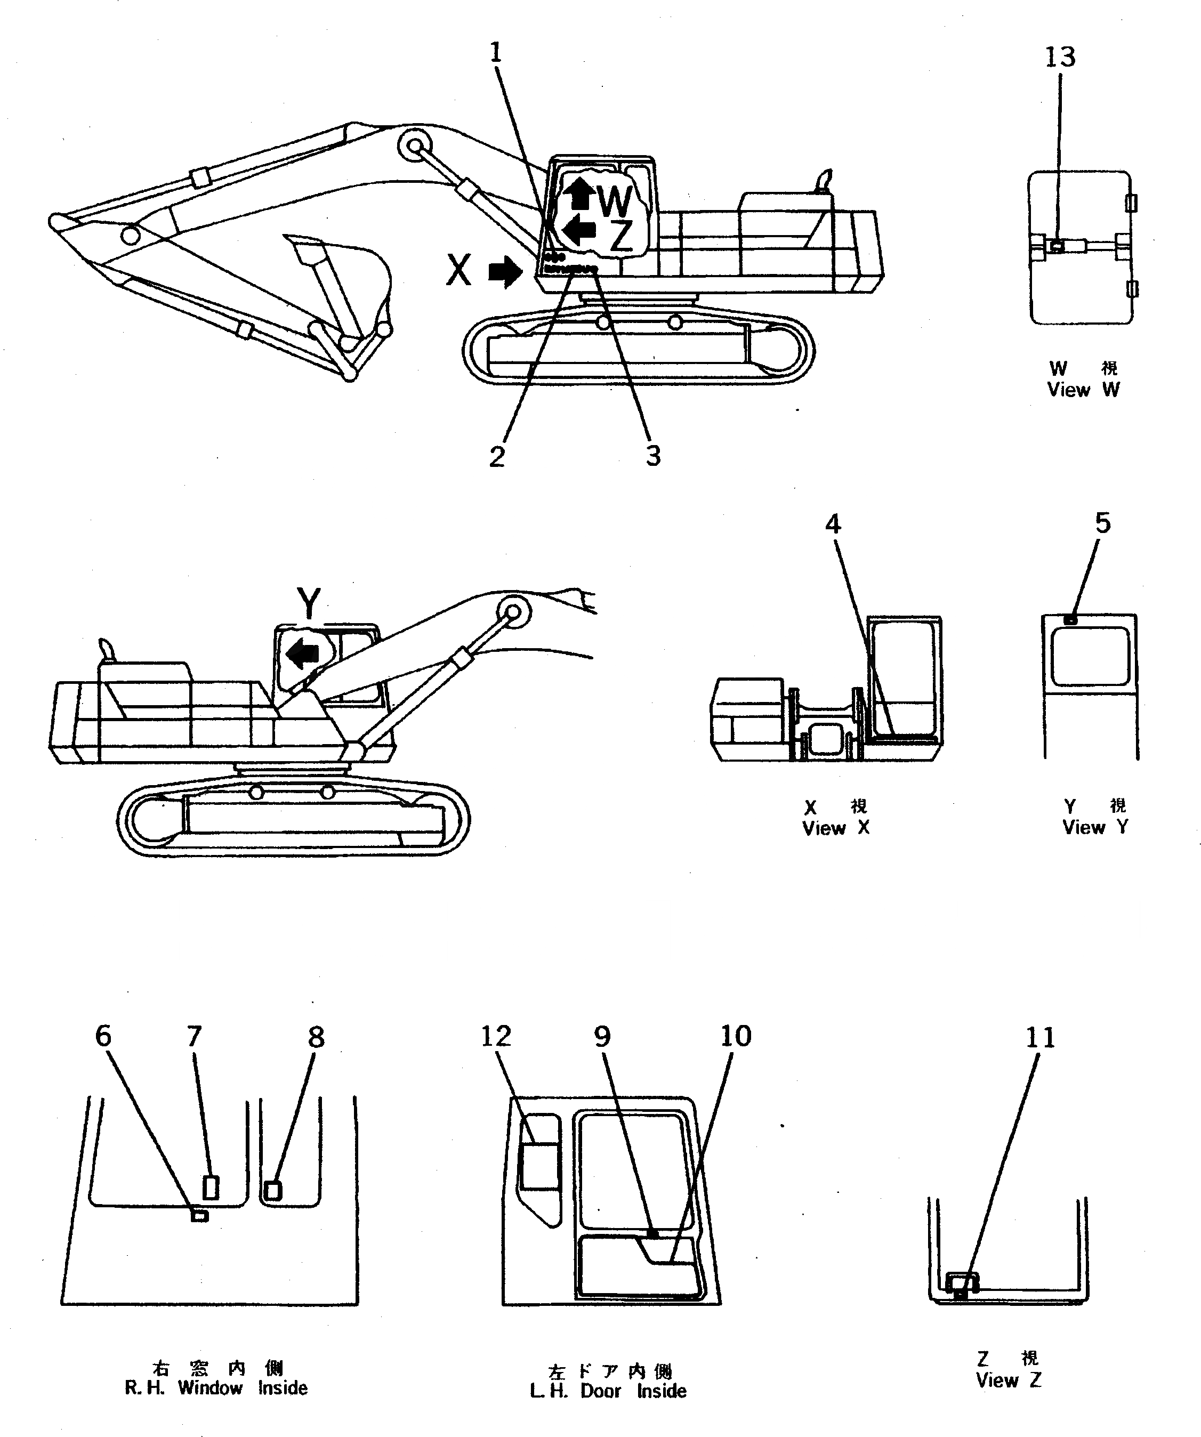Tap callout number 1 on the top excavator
(496, 53)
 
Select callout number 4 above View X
(832, 523)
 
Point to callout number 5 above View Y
(1102, 523)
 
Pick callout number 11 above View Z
(1040, 1037)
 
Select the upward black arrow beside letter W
(582, 193)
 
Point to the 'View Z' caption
(1008, 1380)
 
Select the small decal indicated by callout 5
(1071, 620)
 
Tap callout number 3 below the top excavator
(654, 455)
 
